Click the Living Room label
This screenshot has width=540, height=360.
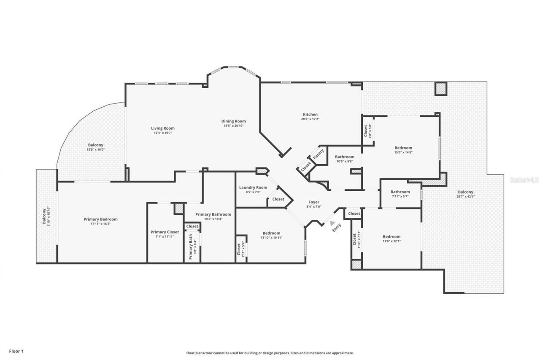163,128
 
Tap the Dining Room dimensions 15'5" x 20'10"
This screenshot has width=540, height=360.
233,126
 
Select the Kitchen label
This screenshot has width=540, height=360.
310,114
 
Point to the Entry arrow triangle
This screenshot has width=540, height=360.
333,224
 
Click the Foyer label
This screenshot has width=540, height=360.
313,202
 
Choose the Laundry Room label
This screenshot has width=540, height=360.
253,187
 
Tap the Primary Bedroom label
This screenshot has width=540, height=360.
100,219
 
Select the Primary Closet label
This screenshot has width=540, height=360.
165,232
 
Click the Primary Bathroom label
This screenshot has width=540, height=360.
213,214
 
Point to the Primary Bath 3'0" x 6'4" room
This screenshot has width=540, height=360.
192,247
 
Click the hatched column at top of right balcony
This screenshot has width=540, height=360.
441,89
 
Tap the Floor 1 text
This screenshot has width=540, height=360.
16,351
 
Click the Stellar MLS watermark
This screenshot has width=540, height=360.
524,180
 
